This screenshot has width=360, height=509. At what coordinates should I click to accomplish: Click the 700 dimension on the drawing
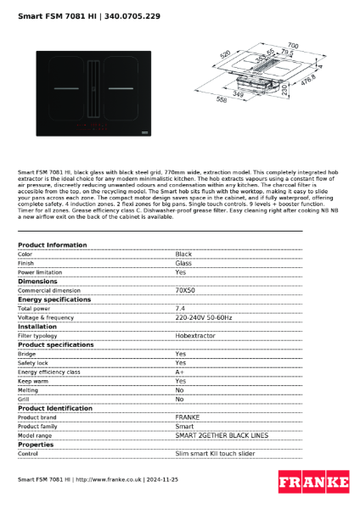pyautogui.click(x=292, y=45)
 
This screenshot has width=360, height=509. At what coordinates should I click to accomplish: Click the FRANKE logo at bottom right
pyautogui.click(x=313, y=482)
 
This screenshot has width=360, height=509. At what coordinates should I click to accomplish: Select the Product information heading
pyautogui.click(x=52, y=245)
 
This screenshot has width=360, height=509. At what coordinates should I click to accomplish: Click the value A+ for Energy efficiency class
pyautogui.click(x=180, y=372)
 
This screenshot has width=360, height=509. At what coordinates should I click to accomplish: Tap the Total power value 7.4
pyautogui.click(x=180, y=308)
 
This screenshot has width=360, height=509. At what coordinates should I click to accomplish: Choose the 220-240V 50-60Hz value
pyautogui.click(x=204, y=317)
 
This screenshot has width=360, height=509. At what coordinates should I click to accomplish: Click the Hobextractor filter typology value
pyautogui.click(x=196, y=335)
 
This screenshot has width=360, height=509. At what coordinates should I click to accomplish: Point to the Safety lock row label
pyautogui.click(x=34, y=362)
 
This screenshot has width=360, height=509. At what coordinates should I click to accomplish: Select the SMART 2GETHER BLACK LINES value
pyautogui.click(x=221, y=434)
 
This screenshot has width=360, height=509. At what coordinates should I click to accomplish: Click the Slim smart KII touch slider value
pyautogui.click(x=215, y=453)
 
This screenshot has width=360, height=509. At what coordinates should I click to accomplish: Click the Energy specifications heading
pyautogui.click(x=54, y=299)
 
